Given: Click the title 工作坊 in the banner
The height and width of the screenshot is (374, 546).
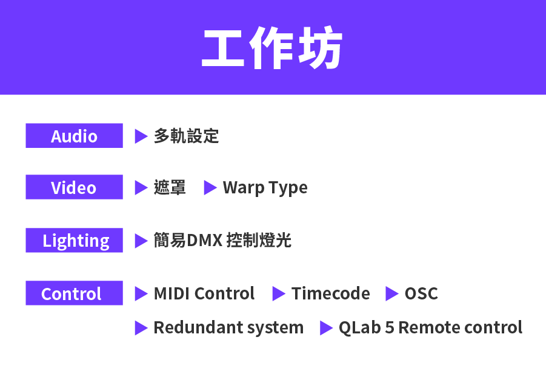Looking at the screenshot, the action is pyautogui.click(x=272, y=47).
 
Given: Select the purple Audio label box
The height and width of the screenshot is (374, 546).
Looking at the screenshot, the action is pyautogui.click(x=74, y=135).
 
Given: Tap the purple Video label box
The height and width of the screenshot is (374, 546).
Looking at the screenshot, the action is pyautogui.click(x=74, y=187).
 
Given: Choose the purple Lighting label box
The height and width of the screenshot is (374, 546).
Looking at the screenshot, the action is pyautogui.click(x=74, y=240).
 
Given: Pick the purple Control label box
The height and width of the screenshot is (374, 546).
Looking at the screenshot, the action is pyautogui.click(x=74, y=293).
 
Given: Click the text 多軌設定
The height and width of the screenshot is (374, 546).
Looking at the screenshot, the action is pyautogui.click(x=186, y=136).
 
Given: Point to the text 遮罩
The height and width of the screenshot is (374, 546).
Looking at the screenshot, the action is pyautogui.click(x=170, y=187).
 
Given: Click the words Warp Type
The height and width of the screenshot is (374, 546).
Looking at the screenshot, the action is pyautogui.click(x=265, y=188).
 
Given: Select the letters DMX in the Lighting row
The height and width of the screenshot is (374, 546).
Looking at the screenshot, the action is pyautogui.click(x=205, y=240).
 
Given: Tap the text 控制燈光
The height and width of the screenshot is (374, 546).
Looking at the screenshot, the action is pyautogui.click(x=259, y=240).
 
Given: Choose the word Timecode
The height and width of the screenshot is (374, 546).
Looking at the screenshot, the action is pyautogui.click(x=330, y=293).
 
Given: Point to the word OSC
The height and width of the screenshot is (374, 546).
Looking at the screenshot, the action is pyautogui.click(x=421, y=293).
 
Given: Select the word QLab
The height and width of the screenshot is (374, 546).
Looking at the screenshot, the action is pyautogui.click(x=360, y=328).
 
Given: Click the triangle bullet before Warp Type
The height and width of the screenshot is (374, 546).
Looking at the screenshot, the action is pyautogui.click(x=210, y=188).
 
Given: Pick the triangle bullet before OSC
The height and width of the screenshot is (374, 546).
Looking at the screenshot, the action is pyautogui.click(x=392, y=293).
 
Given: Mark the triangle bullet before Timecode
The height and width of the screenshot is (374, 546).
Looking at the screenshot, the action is pyautogui.click(x=279, y=293).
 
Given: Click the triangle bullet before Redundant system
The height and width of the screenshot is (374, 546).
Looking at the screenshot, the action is pyautogui.click(x=141, y=328).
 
